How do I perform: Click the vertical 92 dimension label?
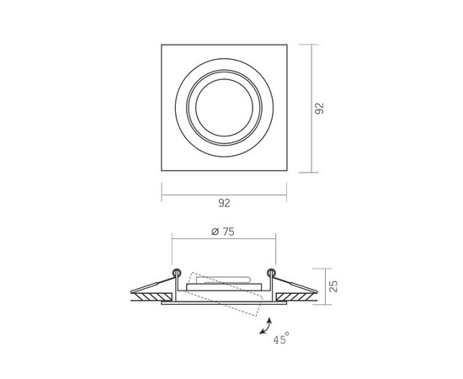(x=319, y=109)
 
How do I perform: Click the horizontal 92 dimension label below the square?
(x=224, y=203)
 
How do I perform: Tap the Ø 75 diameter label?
(x=223, y=232)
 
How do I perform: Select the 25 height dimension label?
(x=333, y=286)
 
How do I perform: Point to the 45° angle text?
(x=281, y=339)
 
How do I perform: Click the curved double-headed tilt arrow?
(x=267, y=327)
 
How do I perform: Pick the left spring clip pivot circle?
(x=177, y=272)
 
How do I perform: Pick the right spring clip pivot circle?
(x=271, y=272)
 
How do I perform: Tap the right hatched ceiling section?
(x=296, y=297)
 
